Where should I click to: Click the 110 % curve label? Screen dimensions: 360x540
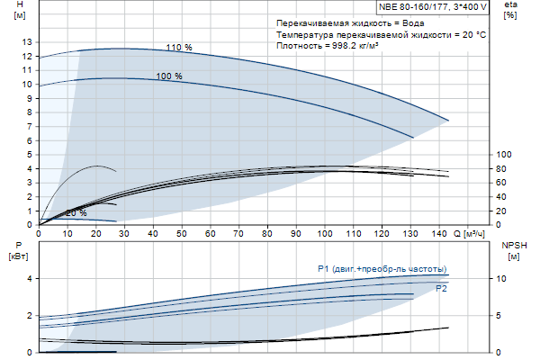pyautogui.click(x=179, y=47)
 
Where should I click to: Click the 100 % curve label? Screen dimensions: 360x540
pyautogui.click(x=169, y=76)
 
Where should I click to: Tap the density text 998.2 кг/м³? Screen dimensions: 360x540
pyautogui.click(x=327, y=45)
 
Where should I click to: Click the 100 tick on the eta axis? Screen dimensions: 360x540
pyautogui.click(x=504, y=155)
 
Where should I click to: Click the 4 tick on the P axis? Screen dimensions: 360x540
pyautogui.click(x=29, y=279)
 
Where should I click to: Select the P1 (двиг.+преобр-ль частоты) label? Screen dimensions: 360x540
pyautogui.click(x=381, y=269)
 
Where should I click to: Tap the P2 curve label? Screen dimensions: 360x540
pyautogui.click(x=441, y=289)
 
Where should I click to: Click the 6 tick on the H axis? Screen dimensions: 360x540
pyautogui.click(x=29, y=140)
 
